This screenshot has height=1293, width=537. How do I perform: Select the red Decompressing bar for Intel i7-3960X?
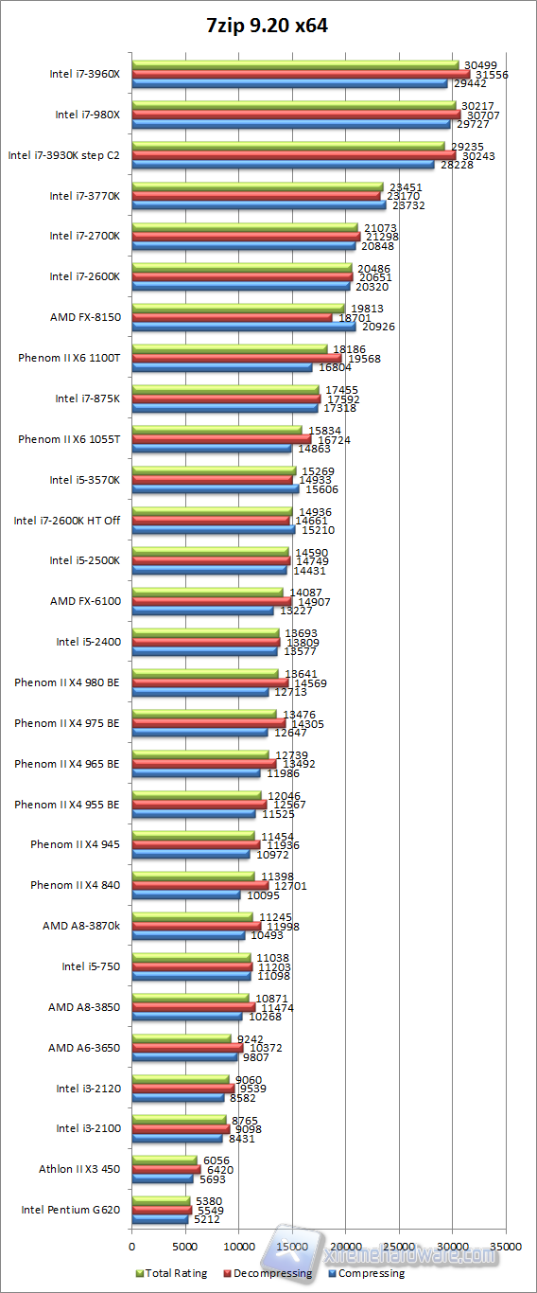pyautogui.click(x=301, y=74)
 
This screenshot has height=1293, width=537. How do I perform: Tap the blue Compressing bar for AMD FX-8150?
pyautogui.click(x=244, y=327)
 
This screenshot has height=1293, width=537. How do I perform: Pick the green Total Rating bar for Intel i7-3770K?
pyautogui.click(x=257, y=186)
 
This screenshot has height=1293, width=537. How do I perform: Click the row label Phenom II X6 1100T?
pyautogui.click(x=69, y=358)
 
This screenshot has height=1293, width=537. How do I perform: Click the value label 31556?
pyautogui.click(x=491, y=74)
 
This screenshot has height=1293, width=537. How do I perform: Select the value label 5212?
pyautogui.click(x=206, y=1220)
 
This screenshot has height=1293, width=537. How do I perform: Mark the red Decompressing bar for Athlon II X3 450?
pyautogui.click(x=165, y=1169)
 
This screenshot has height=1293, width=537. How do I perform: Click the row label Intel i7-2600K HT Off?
pyautogui.click(x=66, y=520)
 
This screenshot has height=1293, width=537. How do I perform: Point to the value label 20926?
pyautogui.click(x=377, y=327)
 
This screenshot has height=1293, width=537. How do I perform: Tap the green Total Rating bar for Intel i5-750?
pyautogui.click(x=191, y=957)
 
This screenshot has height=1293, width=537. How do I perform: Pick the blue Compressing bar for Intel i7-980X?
pyautogui.click(x=291, y=124)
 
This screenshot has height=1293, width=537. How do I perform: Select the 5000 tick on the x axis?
pyautogui.click(x=185, y=1248)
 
